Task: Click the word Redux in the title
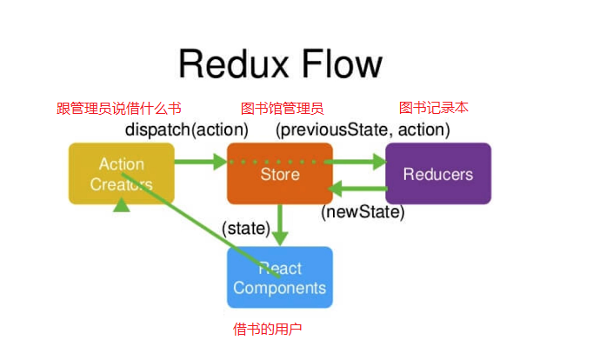pyautogui.click(x=233, y=63)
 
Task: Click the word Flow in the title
pyautogui.click(x=342, y=63)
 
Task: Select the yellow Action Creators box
pyautogui.click(x=122, y=173)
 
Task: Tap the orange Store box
pyautogui.click(x=280, y=173)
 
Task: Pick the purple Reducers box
pyautogui.click(x=438, y=173)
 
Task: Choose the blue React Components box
pyautogui.click(x=280, y=277)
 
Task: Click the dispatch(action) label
pyautogui.click(x=187, y=130)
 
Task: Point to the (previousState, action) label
pyautogui.click(x=363, y=130)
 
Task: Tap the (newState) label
pyautogui.click(x=363, y=212)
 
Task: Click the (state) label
pyautogui.click(x=246, y=229)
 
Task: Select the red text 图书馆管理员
pyautogui.click(x=283, y=109)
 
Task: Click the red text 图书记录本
pyautogui.click(x=434, y=108)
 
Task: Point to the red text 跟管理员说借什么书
pyautogui.click(x=119, y=109)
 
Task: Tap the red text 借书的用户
pyautogui.click(x=268, y=329)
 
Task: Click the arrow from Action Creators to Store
pyautogui.click(x=201, y=162)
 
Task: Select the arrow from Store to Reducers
pyautogui.click(x=355, y=162)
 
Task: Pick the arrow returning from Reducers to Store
pyautogui.click(x=357, y=189)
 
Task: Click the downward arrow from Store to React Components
pyautogui.click(x=280, y=224)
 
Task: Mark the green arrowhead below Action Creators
pyautogui.click(x=122, y=204)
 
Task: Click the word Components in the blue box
pyautogui.click(x=279, y=288)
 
